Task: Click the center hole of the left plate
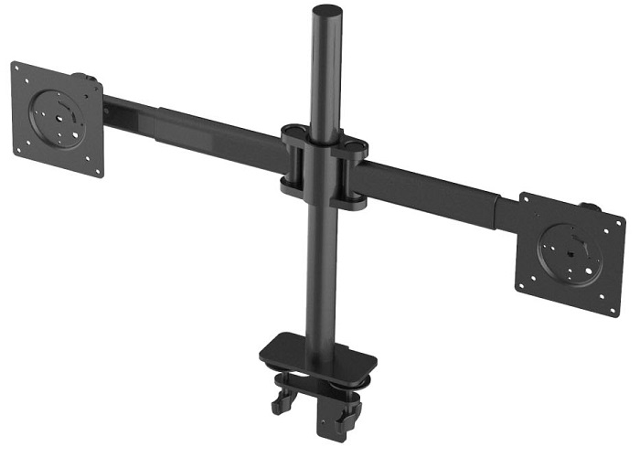point(59,117)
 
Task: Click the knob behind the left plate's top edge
point(80,78)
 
